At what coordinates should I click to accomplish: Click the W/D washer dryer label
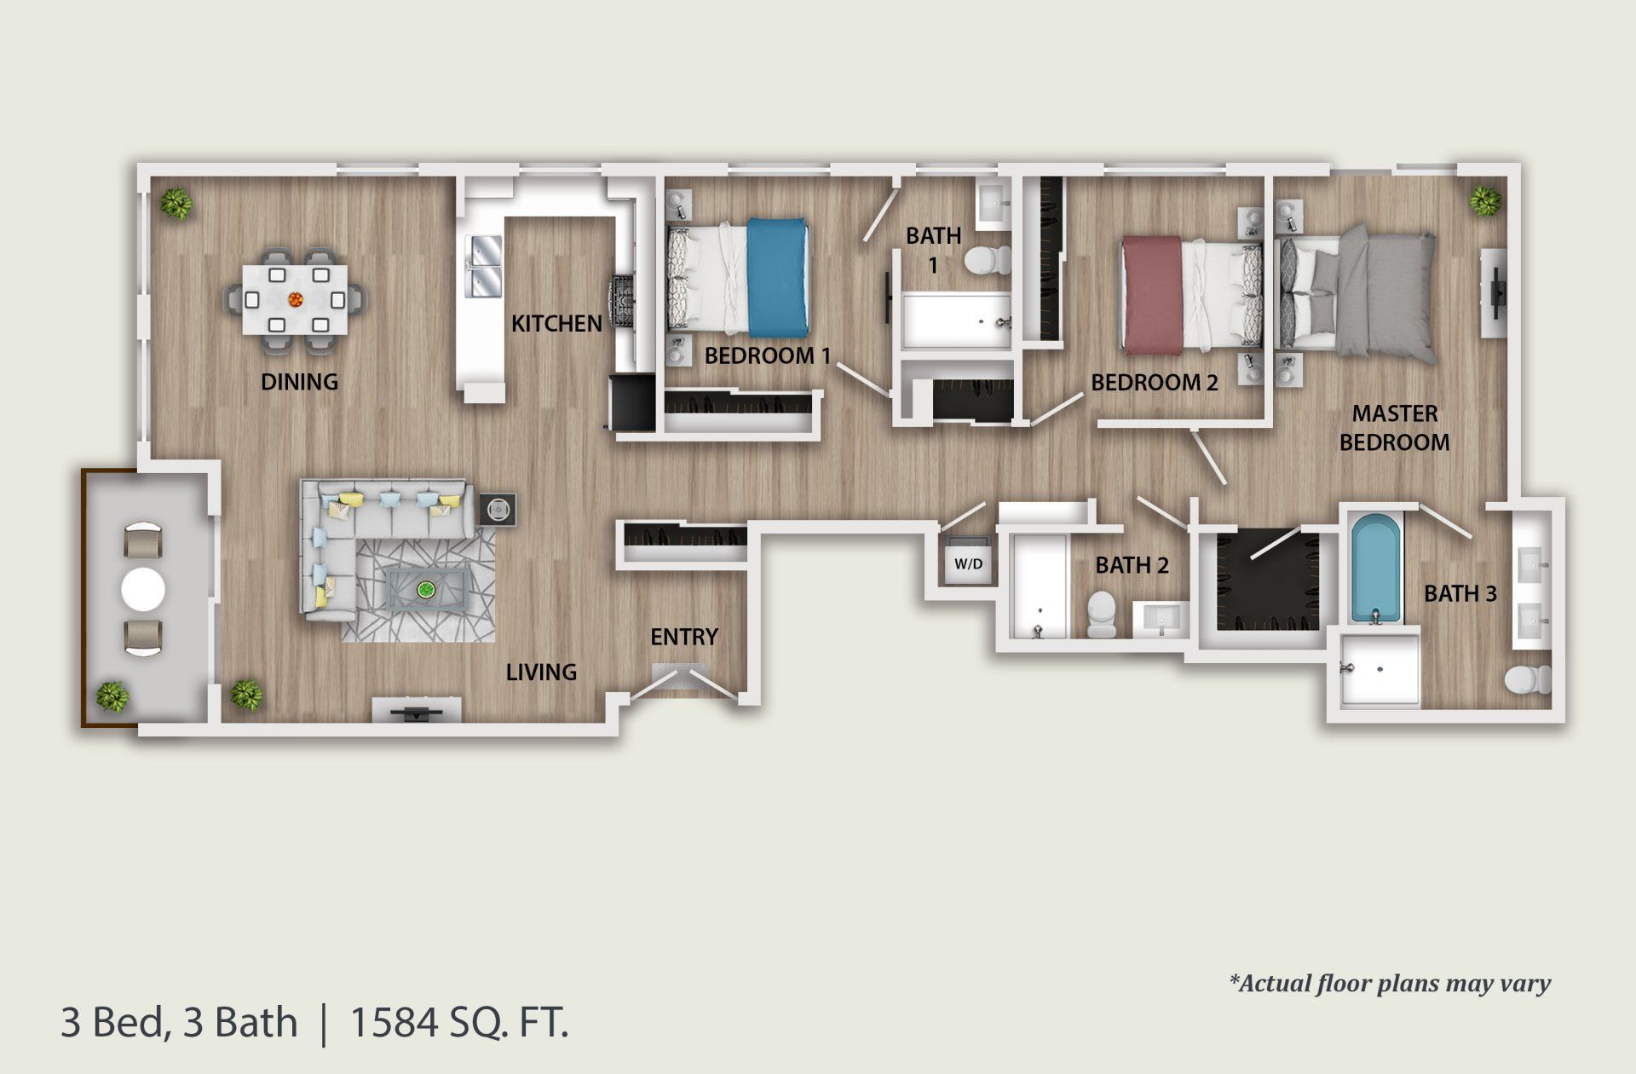(968, 563)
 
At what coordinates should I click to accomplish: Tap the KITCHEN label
(556, 323)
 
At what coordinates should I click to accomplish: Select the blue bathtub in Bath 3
(1375, 569)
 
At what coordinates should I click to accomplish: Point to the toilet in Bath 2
(1101, 614)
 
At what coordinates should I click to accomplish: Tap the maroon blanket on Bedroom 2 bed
(1151, 295)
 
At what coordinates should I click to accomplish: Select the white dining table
(295, 299)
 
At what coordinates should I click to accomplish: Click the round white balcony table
(143, 589)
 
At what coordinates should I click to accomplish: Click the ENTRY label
(683, 637)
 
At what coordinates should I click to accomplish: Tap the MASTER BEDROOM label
(1394, 428)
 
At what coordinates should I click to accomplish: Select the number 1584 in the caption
(395, 1022)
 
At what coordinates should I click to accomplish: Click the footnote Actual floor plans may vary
(1390, 984)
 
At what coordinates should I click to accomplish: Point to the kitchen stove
(622, 303)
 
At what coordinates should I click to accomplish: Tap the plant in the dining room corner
(176, 204)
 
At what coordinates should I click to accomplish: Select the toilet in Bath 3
(1527, 680)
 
